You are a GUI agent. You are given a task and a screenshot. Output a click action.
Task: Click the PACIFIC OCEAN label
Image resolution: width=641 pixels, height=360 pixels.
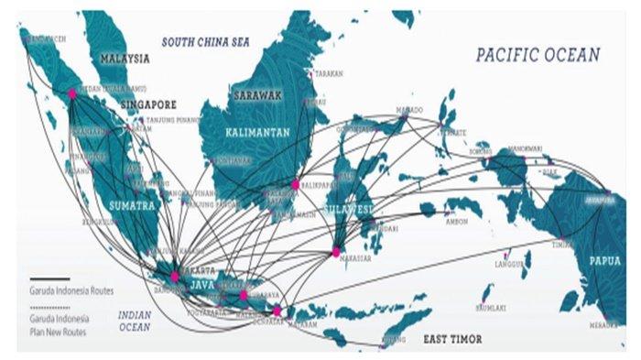538,56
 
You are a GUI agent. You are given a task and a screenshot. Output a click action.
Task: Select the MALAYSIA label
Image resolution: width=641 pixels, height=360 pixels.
125,59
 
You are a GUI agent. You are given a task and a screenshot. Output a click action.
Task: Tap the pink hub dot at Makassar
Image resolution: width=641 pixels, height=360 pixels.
336,251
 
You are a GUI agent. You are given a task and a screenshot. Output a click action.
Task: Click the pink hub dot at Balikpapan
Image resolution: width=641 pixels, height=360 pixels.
295,184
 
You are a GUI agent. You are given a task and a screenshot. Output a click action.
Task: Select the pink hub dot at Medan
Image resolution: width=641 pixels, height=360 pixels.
72,93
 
